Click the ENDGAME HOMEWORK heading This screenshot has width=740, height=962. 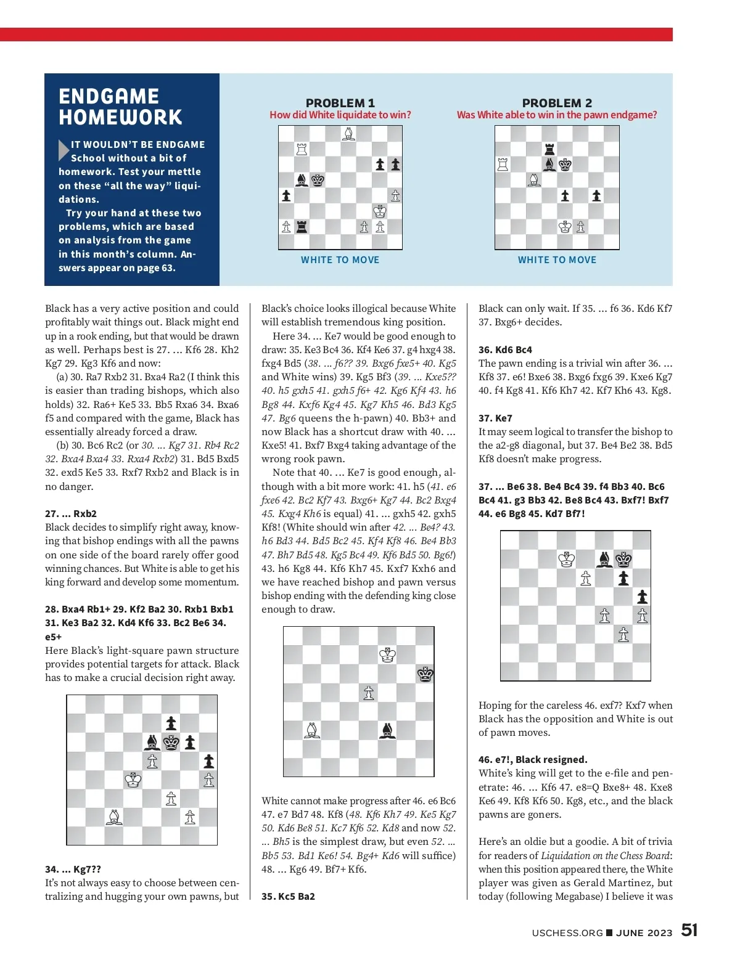(120, 107)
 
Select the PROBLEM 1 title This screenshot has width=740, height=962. (340, 103)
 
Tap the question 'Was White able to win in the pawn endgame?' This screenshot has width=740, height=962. (556, 115)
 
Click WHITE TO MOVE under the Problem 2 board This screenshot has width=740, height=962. (557, 260)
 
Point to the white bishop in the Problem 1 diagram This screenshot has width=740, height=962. (348, 134)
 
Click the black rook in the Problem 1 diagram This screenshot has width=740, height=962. (302, 227)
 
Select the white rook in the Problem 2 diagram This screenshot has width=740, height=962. (503, 165)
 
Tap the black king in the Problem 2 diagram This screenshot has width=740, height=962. (565, 165)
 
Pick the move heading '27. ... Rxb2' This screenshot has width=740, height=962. (71, 513)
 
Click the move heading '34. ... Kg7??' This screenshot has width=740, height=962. (73, 869)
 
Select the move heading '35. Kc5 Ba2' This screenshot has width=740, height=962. (288, 896)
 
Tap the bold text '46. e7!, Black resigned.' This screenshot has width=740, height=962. (533, 759)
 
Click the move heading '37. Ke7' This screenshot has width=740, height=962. (495, 418)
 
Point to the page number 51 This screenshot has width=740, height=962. (689, 930)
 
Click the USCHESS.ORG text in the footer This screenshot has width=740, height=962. (567, 932)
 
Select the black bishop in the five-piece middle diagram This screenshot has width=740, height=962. (387, 730)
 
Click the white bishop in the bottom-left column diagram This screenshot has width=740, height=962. (114, 817)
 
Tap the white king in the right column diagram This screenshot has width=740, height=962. (567, 560)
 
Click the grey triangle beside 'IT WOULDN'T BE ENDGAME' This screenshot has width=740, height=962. (64, 150)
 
